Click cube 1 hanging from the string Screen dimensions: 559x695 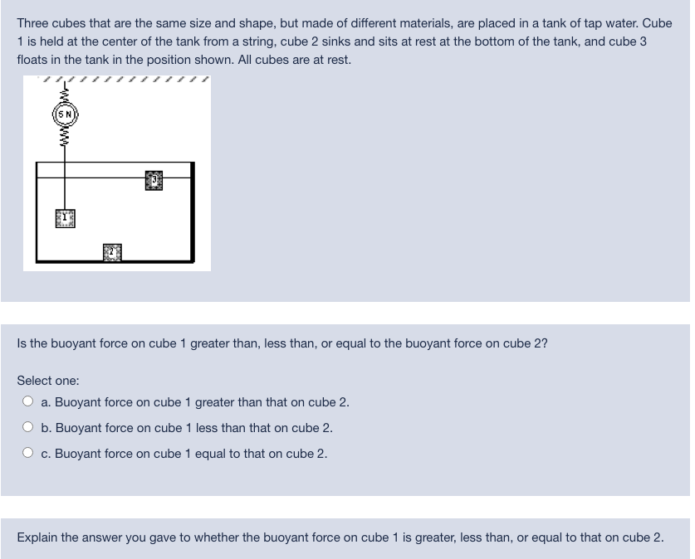tap(65, 219)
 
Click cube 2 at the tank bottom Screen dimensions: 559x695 tap(113, 251)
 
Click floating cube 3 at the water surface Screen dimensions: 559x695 tap(154, 181)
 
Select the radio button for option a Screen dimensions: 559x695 tap(28, 402)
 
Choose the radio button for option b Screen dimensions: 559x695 tap(28, 428)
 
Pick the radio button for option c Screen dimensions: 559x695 tap(28, 454)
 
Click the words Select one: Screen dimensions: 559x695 tap(48, 381)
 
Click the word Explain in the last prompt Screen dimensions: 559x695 tap(37, 537)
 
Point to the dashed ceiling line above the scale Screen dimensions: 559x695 tap(116, 80)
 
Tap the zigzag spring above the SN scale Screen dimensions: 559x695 tap(65, 93)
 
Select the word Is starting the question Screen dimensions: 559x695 tap(22, 343)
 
